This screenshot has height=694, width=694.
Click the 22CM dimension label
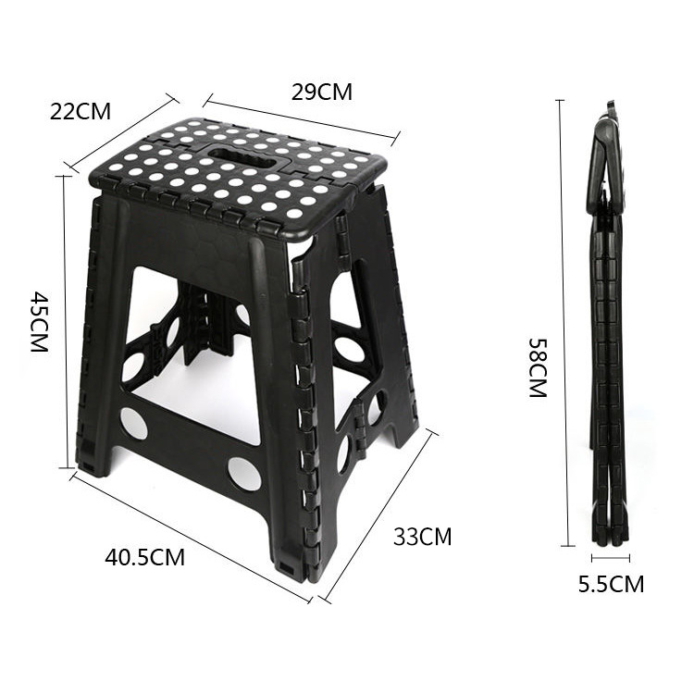pos(80,111)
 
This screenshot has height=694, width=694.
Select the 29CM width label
pos(321,92)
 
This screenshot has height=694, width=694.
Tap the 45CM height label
pos(39,321)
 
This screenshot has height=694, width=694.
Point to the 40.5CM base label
pos(144,558)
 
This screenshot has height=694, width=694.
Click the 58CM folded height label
pos(539,367)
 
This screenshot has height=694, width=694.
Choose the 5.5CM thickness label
pos(611,584)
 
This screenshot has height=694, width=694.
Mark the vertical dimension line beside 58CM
pos(564,324)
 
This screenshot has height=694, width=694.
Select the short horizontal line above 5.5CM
pos(611,558)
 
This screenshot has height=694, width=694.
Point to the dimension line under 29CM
pos(302,119)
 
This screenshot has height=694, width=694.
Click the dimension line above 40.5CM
pos(190,537)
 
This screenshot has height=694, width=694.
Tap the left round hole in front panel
pos(134,423)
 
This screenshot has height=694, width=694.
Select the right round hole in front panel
pos(244,474)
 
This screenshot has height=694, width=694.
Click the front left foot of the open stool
pos(92,463)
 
